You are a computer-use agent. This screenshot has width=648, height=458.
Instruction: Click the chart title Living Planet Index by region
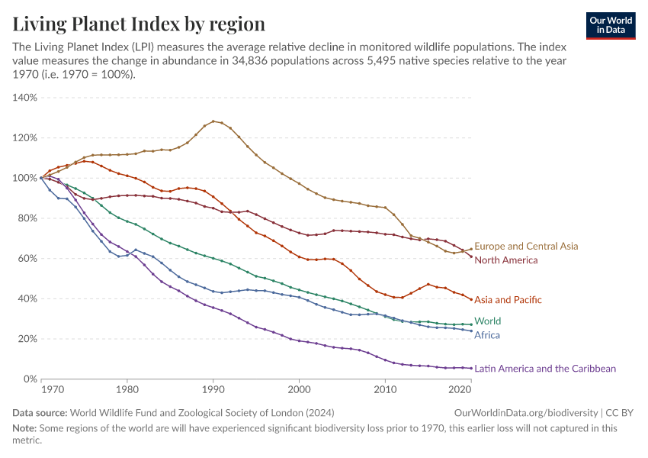[x=139, y=24]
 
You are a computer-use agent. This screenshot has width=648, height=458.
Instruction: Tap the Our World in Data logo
[x=610, y=24]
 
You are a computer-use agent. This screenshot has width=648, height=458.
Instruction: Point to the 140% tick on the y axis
[x=24, y=98]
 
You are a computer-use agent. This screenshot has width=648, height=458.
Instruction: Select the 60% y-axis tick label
[x=27, y=259]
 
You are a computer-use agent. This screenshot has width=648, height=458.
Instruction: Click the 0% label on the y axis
[x=30, y=379]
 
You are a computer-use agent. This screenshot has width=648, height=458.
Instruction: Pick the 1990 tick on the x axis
[x=213, y=390]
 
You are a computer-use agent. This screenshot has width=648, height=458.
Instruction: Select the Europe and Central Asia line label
[x=526, y=247]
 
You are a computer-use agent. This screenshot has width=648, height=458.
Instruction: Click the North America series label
[x=505, y=260]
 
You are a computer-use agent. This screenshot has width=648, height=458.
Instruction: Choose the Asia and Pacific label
[x=508, y=300]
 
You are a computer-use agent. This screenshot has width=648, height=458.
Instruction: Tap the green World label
[x=487, y=321]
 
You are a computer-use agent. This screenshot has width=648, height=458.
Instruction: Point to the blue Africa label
[x=487, y=334]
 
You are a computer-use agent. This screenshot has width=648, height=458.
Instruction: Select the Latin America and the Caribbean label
[x=544, y=369]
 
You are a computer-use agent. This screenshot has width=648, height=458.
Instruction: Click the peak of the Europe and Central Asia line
[x=213, y=121]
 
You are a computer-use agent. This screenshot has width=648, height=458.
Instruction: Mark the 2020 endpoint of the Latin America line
[x=471, y=368]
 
